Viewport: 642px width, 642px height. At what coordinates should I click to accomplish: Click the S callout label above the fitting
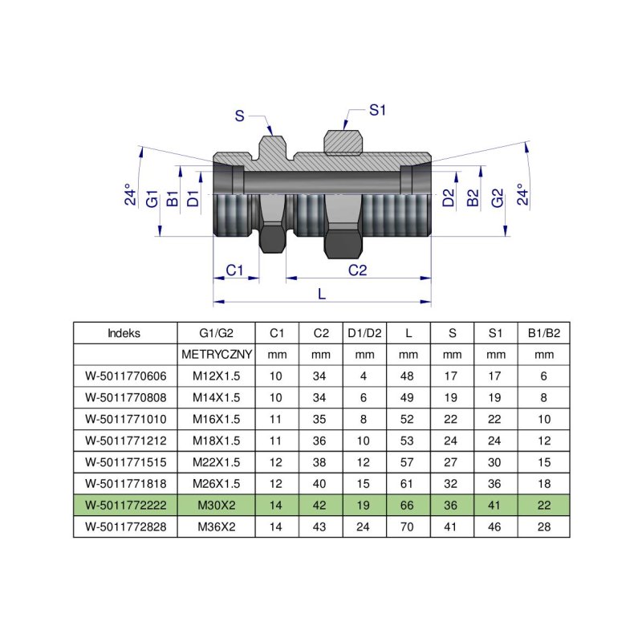[x=239, y=116]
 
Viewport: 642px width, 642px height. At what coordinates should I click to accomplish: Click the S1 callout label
[x=378, y=110]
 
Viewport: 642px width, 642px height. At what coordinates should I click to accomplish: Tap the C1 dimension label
[x=234, y=270]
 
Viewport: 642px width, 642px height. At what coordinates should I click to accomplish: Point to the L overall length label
[x=323, y=295]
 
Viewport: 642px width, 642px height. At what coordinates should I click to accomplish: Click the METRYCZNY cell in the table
[x=217, y=354]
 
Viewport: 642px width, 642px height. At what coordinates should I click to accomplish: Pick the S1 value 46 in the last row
[x=496, y=527]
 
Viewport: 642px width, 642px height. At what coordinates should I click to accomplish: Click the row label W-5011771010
[x=124, y=419]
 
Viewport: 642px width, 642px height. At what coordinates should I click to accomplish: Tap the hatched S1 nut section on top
[x=343, y=141]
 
